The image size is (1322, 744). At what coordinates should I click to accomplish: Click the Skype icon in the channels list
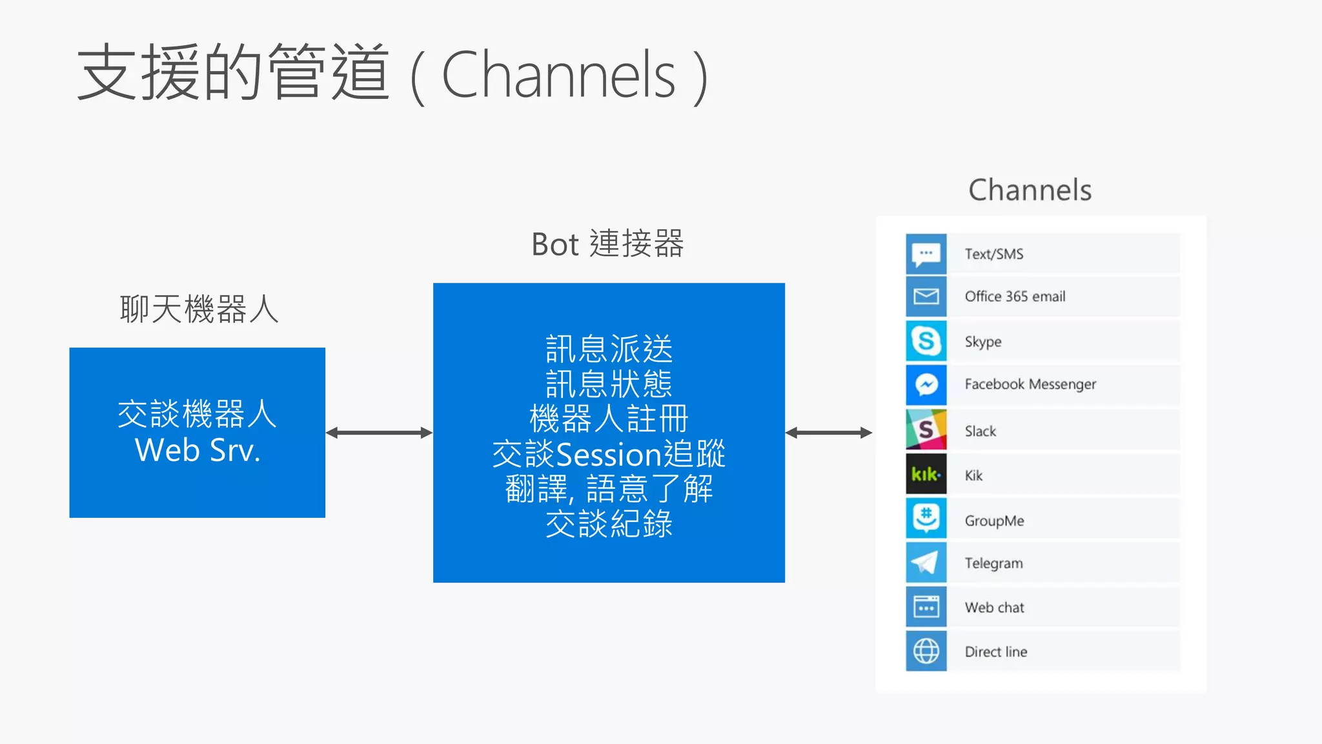click(926, 340)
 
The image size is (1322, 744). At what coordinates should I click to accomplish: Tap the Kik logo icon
click(926, 475)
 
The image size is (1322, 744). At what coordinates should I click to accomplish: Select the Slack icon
click(926, 429)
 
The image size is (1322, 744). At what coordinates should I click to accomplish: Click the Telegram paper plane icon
click(926, 563)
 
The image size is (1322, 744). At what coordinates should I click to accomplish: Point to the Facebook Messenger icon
click(926, 385)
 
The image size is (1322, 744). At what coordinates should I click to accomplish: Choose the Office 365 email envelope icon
click(926, 296)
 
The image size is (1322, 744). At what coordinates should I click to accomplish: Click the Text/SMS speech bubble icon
click(926, 253)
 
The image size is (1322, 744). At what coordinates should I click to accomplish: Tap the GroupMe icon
click(926, 519)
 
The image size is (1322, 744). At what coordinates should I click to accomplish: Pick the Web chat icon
click(926, 607)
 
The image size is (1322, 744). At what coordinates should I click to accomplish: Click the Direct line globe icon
click(926, 651)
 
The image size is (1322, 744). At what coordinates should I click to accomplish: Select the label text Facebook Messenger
click(1030, 384)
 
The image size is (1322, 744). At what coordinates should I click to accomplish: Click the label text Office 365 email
click(1015, 296)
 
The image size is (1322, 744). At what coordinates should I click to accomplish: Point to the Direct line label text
click(996, 652)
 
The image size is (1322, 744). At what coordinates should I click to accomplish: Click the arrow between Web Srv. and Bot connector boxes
click(379, 433)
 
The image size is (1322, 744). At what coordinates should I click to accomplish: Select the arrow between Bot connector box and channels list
click(829, 433)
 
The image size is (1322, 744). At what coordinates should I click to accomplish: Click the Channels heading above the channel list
click(1030, 191)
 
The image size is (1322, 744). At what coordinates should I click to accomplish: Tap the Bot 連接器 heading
click(607, 244)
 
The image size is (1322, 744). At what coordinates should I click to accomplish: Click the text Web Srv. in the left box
click(198, 450)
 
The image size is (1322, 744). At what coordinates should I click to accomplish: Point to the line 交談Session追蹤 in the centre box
click(609, 454)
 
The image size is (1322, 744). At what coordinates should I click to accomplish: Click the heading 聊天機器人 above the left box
click(199, 309)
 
